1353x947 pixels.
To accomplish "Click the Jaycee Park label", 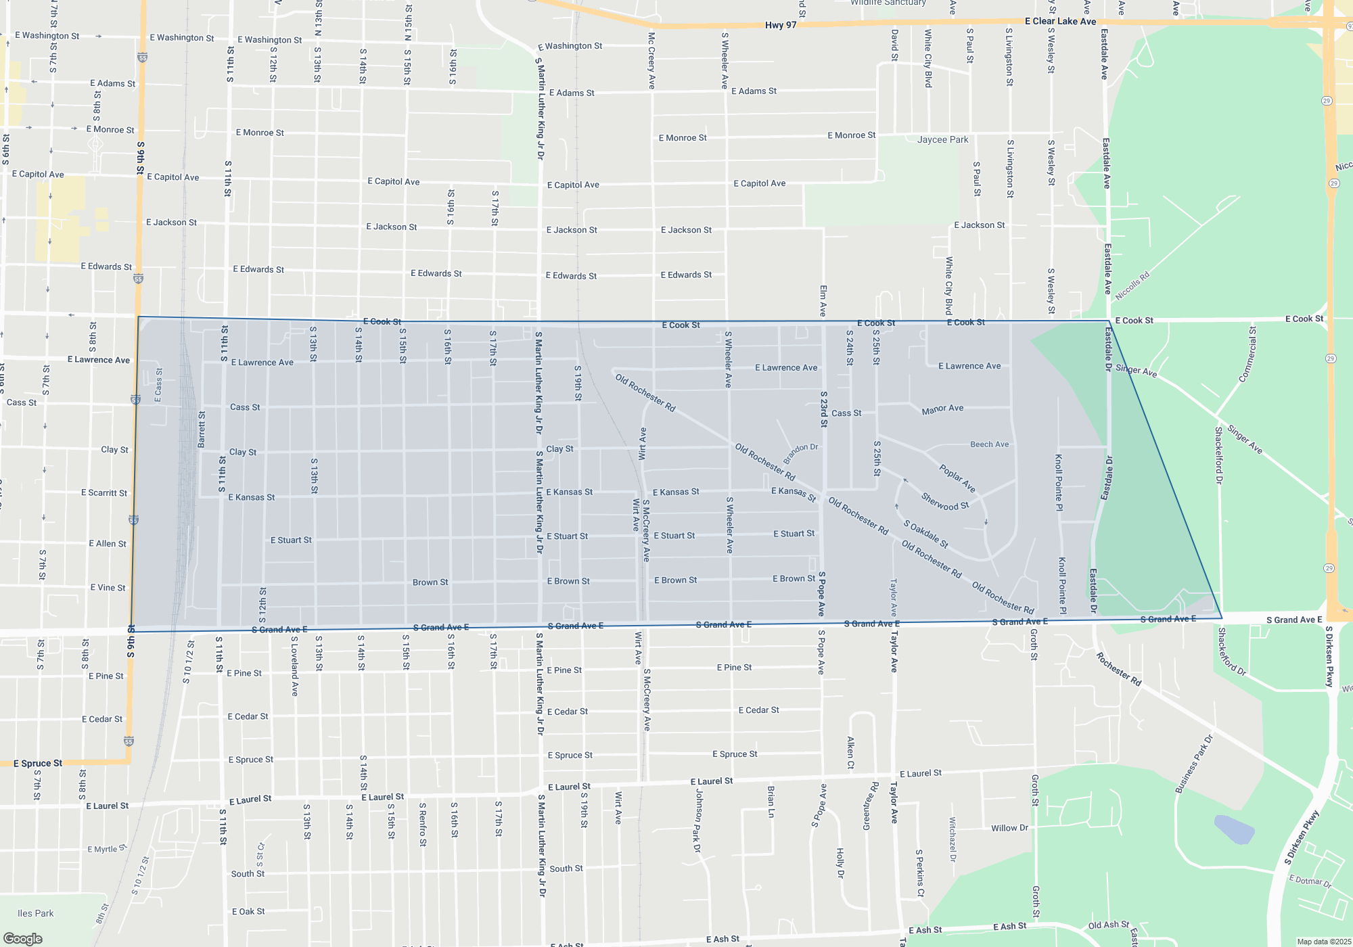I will pyautogui.click(x=942, y=140).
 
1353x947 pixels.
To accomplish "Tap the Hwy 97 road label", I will pyautogui.click(x=781, y=26).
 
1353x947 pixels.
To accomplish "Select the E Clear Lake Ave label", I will pyautogui.click(x=1060, y=22).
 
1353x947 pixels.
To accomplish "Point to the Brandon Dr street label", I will pyautogui.click(x=801, y=453).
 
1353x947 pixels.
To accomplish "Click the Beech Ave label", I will pyautogui.click(x=989, y=444).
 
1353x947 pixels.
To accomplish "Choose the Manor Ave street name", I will pyautogui.click(x=942, y=409).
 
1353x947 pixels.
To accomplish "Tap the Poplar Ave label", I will pyautogui.click(x=957, y=478).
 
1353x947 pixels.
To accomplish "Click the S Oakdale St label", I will pyautogui.click(x=925, y=534).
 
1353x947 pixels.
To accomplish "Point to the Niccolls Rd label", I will pyautogui.click(x=1132, y=286).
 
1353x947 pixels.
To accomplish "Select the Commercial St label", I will pyautogui.click(x=1247, y=354).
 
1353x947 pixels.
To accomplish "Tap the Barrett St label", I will pyautogui.click(x=202, y=429).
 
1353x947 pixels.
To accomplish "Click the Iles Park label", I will pyautogui.click(x=36, y=913).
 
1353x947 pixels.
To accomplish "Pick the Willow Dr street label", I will pyautogui.click(x=1009, y=828).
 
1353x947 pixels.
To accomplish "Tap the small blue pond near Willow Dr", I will pyautogui.click(x=1235, y=829).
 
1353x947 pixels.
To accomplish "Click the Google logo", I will pyautogui.click(x=22, y=939).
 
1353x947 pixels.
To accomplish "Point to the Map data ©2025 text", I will pyautogui.click(x=1324, y=942).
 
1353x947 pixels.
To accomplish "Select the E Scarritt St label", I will pyautogui.click(x=104, y=493).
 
